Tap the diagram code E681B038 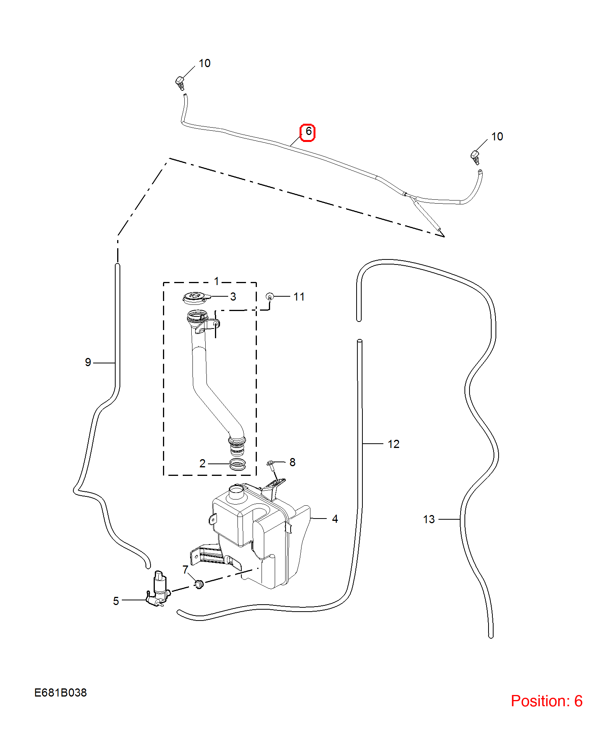click(61, 692)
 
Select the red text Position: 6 click(546, 701)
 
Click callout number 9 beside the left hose click(88, 362)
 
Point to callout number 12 click(393, 444)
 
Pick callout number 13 click(429, 519)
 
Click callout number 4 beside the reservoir click(335, 519)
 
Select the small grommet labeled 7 click(199, 584)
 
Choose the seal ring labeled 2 click(237, 464)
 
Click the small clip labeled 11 click(270, 297)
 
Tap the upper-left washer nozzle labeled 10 click(180, 83)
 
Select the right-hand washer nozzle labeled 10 click(475, 157)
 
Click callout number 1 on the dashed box click(217, 281)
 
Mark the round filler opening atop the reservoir click(236, 489)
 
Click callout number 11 click(299, 297)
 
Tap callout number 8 click(293, 462)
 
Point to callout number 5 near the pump click(116, 601)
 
